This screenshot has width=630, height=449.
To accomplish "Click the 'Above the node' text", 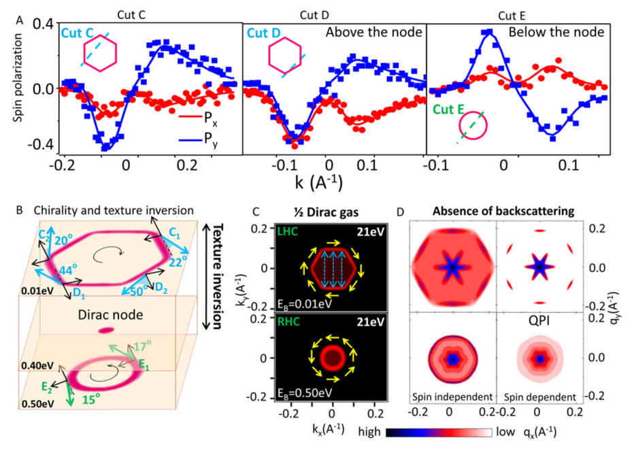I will [372, 33].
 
